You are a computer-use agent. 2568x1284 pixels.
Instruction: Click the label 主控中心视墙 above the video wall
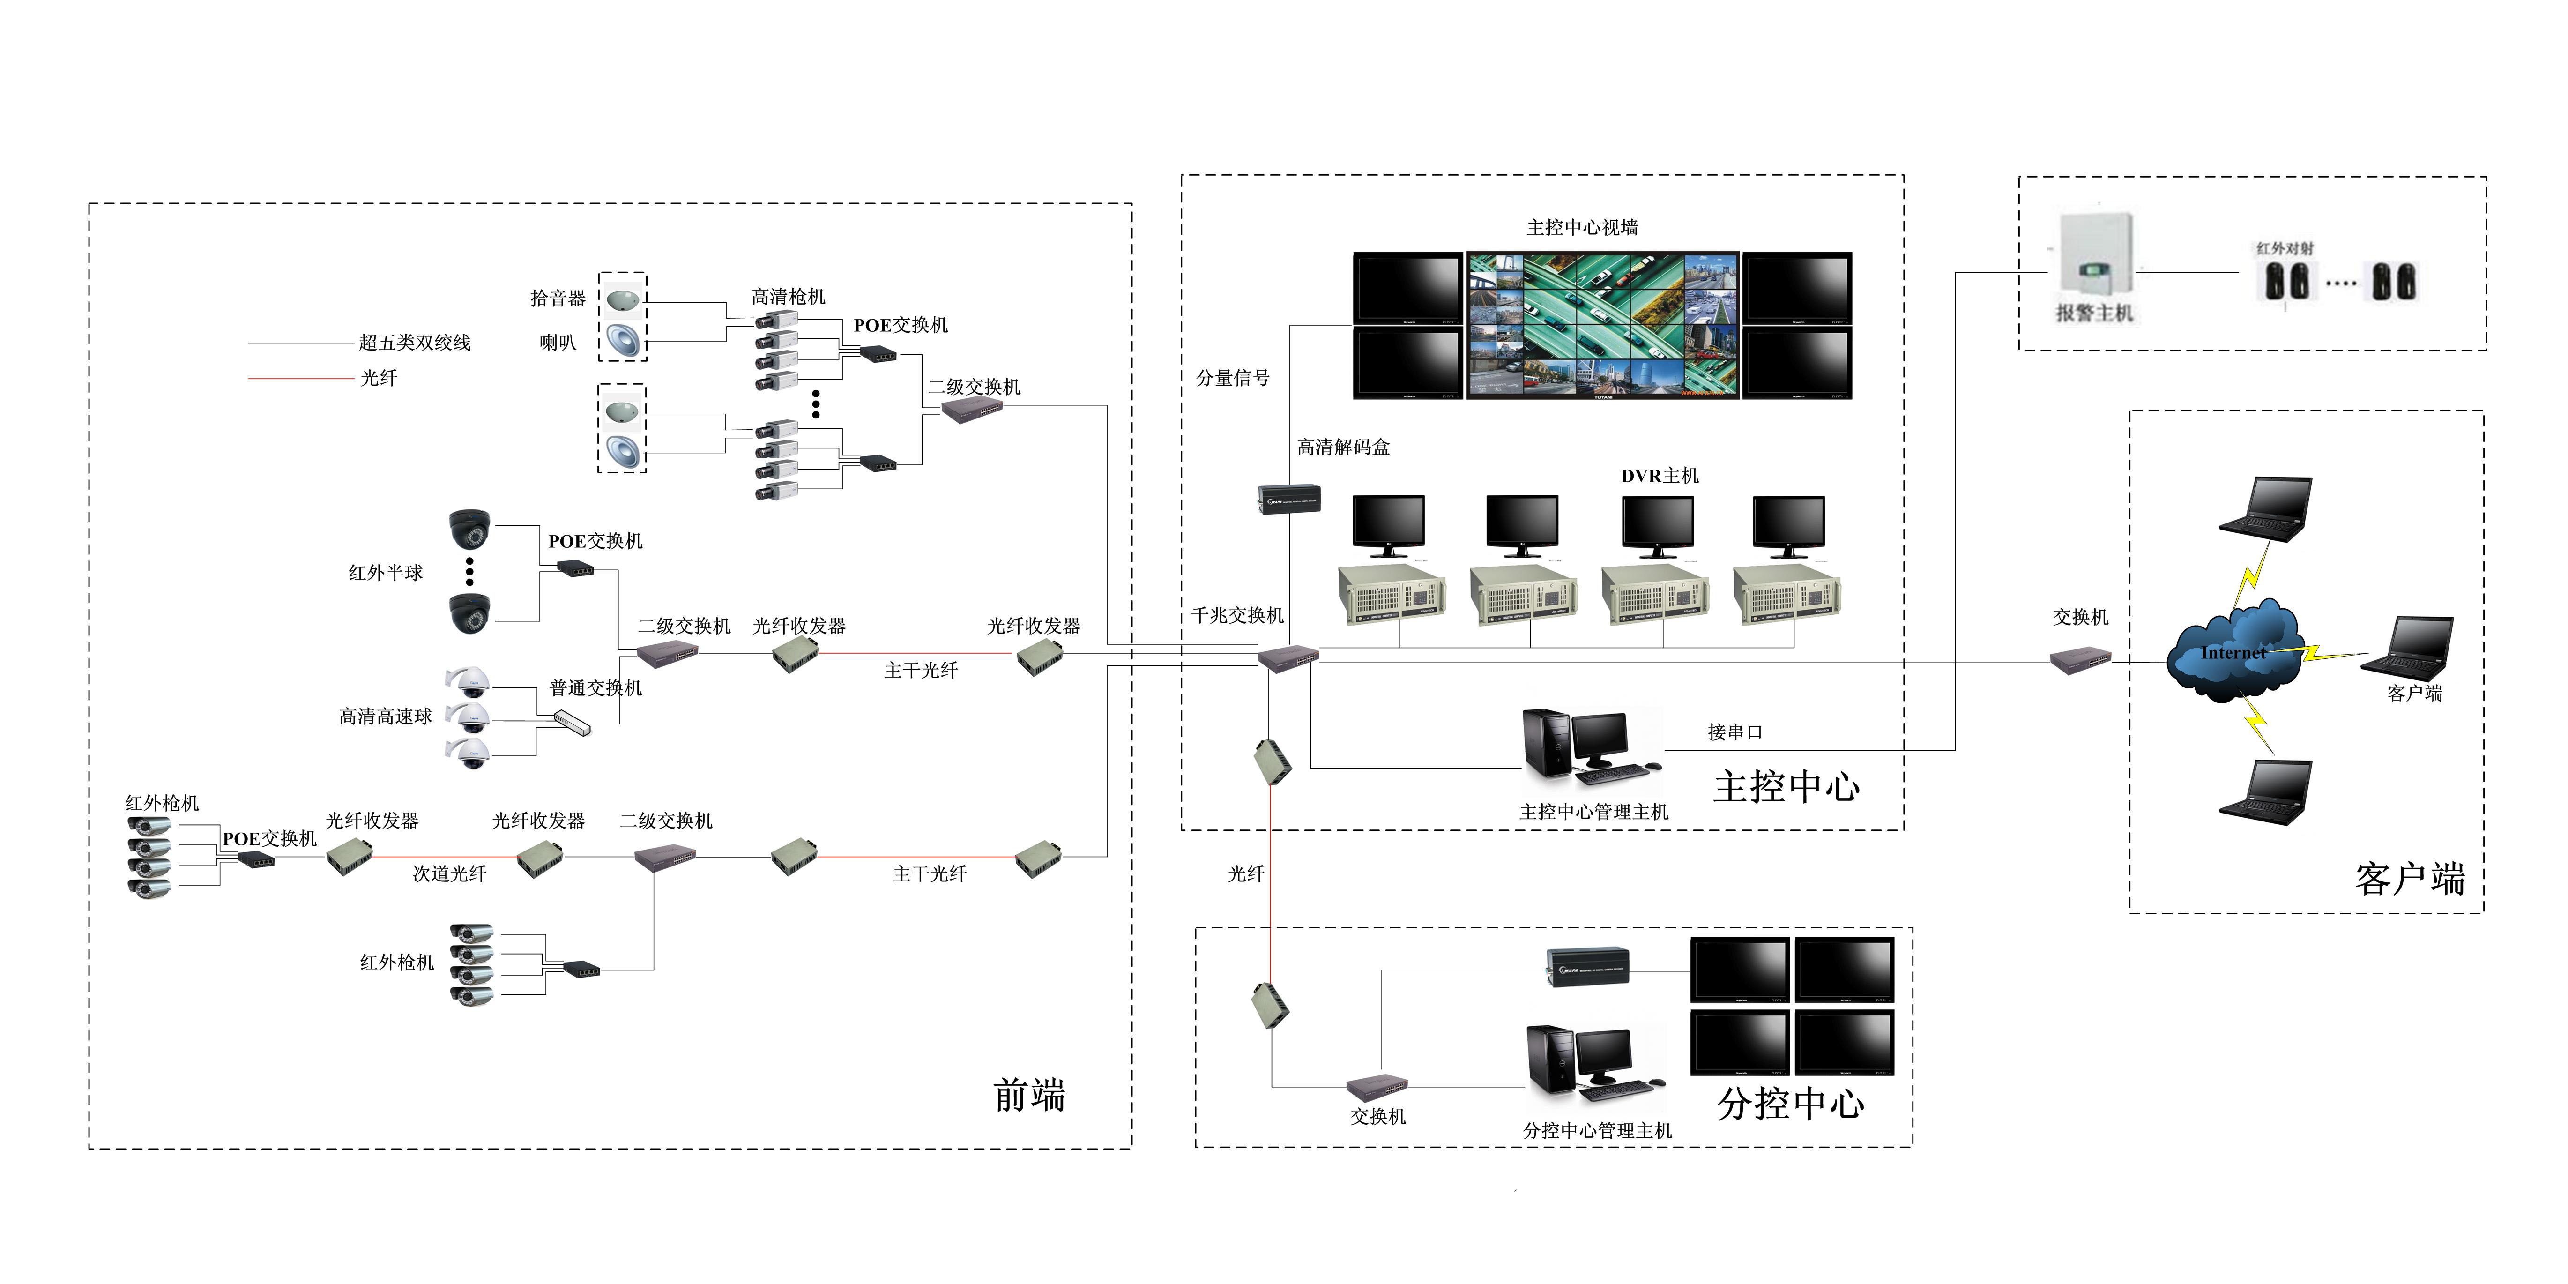[1582, 227]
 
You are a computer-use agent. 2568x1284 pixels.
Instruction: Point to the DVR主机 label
[1660, 476]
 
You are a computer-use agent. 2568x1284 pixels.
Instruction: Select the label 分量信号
[1233, 378]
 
